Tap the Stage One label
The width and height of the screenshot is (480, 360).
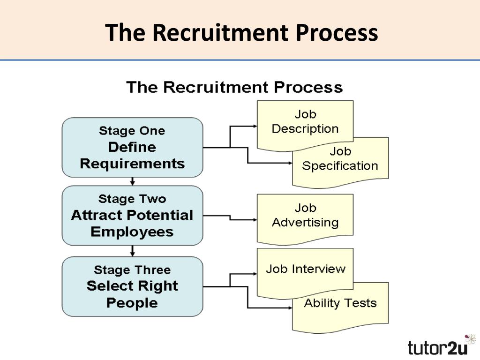tap(132, 131)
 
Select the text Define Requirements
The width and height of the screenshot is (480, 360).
tap(132, 155)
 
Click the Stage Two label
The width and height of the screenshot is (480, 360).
tap(132, 199)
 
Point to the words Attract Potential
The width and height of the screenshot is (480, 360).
tap(132, 215)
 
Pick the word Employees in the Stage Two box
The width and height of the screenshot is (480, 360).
tap(132, 232)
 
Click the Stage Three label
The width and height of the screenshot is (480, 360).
tap(132, 270)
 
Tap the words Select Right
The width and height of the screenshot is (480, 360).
tap(132, 286)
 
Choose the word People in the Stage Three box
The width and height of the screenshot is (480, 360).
tap(132, 303)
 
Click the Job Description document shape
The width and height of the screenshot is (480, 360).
tap(305, 126)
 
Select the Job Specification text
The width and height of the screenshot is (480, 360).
tap(340, 158)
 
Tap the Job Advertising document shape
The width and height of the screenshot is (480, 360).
tap(305, 219)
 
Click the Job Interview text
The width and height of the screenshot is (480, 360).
tap(306, 269)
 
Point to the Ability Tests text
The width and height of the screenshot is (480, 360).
tap(340, 303)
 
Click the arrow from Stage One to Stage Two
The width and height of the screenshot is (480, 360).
tap(132, 181)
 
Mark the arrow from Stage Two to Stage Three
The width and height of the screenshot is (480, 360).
tap(132, 251)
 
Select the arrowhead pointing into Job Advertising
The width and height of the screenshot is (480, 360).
tap(255, 219)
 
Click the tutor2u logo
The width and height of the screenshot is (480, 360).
tap(437, 348)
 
